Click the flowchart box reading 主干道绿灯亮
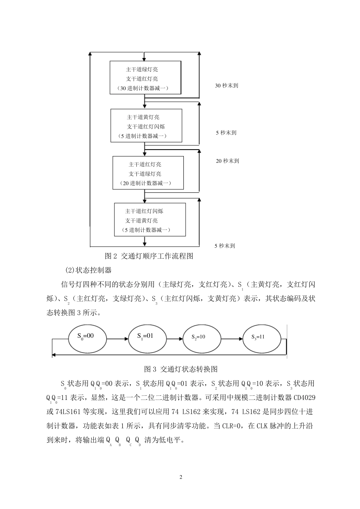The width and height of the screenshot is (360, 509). tap(146, 78)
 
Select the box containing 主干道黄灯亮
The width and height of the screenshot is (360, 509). tap(146, 125)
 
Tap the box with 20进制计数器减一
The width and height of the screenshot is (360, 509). tap(148, 173)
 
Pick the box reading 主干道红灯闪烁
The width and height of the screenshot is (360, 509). tap(150, 220)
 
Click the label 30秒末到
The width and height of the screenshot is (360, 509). tap(227, 86)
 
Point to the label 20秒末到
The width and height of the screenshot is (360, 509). tap(227, 161)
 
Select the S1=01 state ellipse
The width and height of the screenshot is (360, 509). tap(146, 337)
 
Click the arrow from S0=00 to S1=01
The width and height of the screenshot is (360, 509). tap(115, 337)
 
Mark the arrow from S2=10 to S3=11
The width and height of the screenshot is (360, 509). tap(231, 337)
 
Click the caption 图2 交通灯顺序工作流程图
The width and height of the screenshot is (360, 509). tap(149, 256)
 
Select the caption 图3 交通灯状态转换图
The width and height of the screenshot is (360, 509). tap(181, 369)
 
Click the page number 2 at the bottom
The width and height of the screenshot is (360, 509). tap(181, 477)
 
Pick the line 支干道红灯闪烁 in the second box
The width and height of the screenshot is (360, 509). tap(146, 126)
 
